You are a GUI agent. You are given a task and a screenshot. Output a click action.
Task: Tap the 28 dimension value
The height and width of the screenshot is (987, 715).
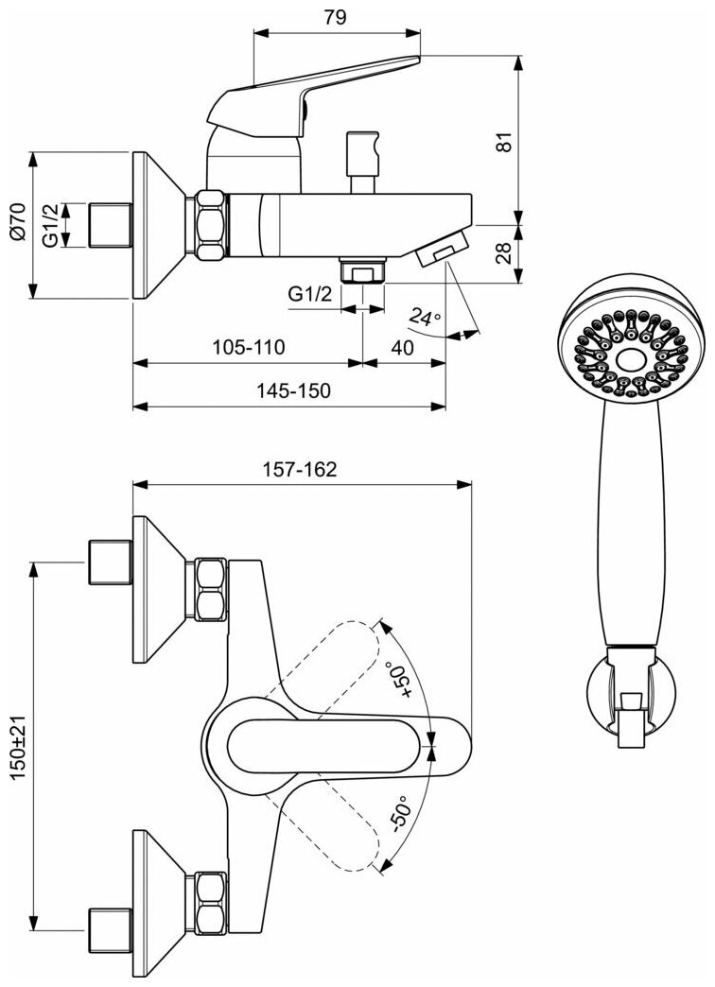tap(504, 253)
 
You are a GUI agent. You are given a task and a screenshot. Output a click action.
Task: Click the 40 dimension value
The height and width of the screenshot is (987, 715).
tap(402, 348)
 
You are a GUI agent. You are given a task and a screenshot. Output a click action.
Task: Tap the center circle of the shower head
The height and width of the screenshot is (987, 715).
tap(626, 360)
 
